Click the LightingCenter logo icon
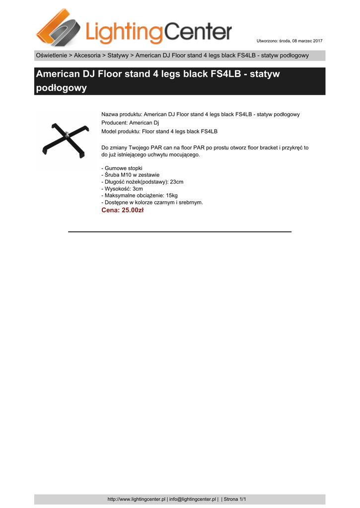coord(59,28)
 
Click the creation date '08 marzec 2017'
coord(306,40)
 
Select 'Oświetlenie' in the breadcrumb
coord(51,55)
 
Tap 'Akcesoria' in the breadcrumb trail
coord(87,55)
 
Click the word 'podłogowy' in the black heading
coord(62,88)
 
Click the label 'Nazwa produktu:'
coord(122,114)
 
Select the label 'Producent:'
coord(114,123)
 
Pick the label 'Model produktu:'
coord(121,131)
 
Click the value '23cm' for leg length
coord(177,182)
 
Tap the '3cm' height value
coord(137,189)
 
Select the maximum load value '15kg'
coord(172,195)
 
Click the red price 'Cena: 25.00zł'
coord(122,210)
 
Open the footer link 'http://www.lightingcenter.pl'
coord(136,499)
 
